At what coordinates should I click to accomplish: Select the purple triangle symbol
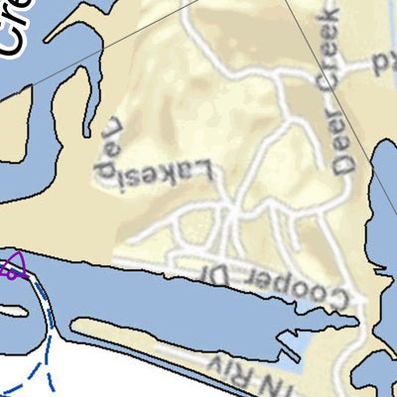(13, 266)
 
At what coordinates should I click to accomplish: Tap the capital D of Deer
(346, 164)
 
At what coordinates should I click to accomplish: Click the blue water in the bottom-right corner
(382, 382)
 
